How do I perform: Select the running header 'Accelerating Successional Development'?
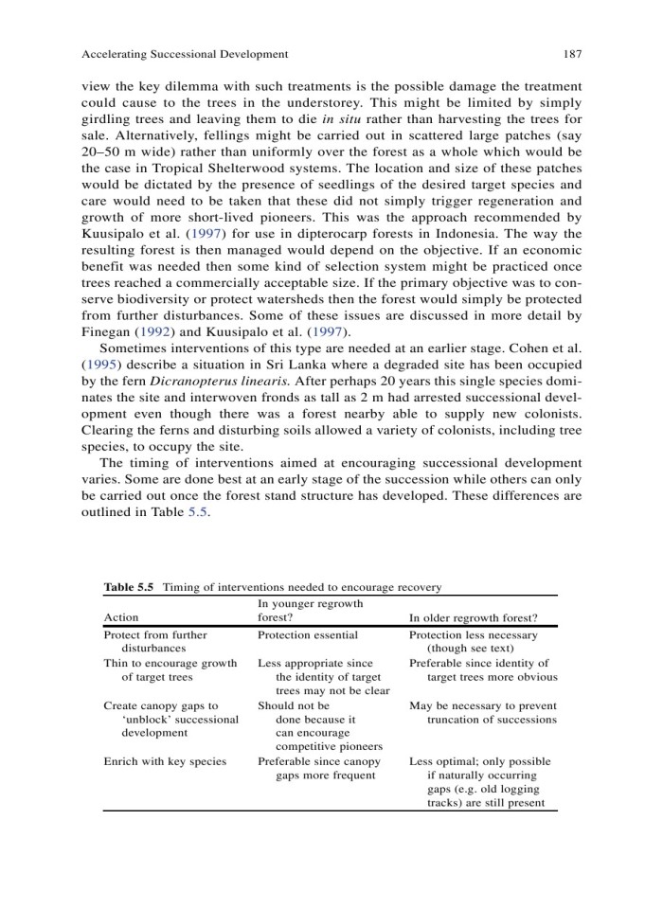186,54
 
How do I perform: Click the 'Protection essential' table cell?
308,635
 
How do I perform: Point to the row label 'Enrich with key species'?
165,761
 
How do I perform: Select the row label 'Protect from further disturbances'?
154,642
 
